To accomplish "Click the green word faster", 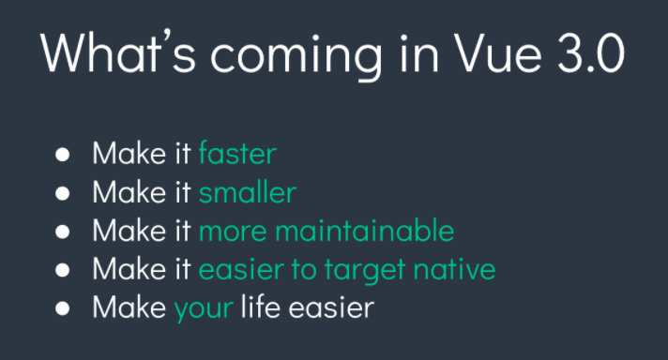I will pos(237,154).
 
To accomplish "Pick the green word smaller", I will pos(248,192).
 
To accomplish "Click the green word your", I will pos(203,308).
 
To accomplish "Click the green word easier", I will pos(239,269).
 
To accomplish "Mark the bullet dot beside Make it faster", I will pos(63,155).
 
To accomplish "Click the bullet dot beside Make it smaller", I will pos(63,193).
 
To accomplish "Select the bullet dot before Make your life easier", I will pos(63,307).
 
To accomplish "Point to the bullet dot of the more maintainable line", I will pos(63,232).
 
